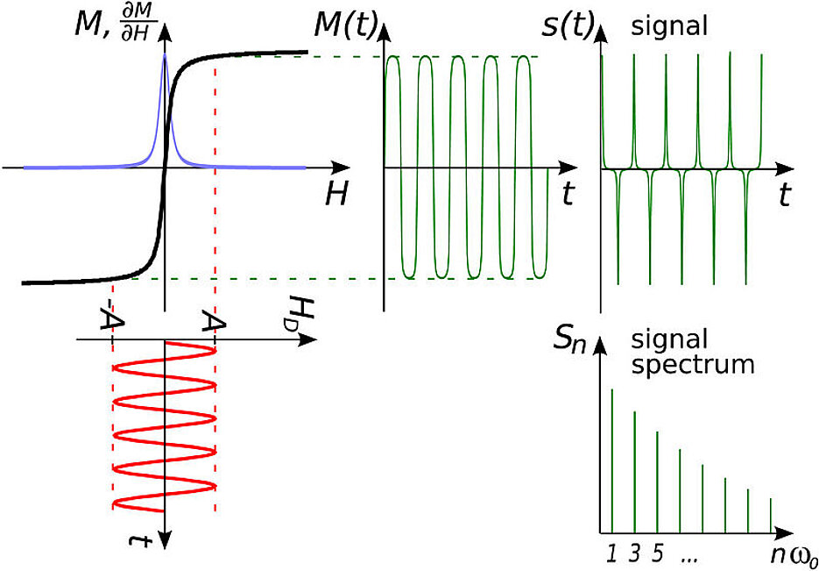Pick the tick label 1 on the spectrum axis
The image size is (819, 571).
611,554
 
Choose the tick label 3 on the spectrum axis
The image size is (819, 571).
633,554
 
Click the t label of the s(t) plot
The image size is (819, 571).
784,195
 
